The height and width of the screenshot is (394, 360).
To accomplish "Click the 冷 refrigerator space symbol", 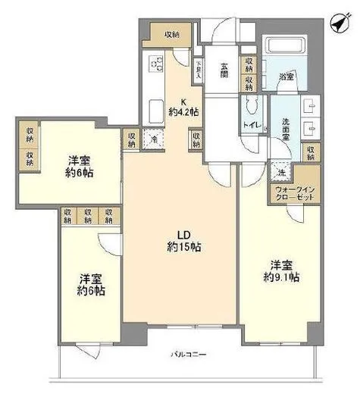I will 154,139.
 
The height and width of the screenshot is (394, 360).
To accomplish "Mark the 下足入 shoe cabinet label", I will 199,70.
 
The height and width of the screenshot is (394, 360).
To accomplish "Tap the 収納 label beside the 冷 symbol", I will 133,139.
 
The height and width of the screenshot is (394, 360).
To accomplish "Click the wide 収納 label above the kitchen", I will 171,34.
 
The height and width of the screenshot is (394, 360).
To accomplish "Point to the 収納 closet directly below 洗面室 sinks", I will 311,152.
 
